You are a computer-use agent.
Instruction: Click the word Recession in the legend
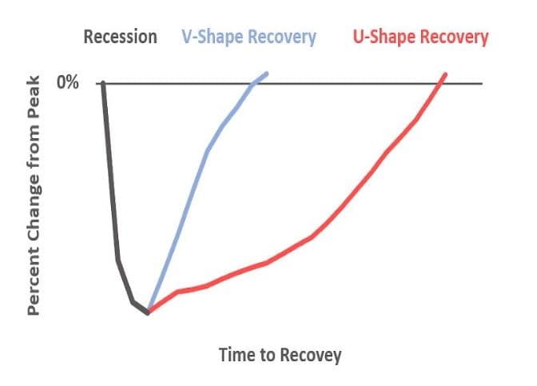click(x=121, y=38)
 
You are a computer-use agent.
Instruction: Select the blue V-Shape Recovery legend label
click(x=248, y=38)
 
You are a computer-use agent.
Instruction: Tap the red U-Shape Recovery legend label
click(x=420, y=38)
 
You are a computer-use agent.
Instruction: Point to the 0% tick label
click(x=68, y=83)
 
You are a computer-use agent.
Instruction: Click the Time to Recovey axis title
click(x=280, y=355)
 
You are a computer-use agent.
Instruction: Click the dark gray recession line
click(x=112, y=200)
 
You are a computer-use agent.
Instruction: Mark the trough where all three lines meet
click(x=148, y=312)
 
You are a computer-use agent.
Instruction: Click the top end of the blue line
click(x=267, y=74)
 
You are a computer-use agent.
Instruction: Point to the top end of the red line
click(x=445, y=74)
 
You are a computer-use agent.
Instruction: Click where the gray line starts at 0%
click(x=103, y=83)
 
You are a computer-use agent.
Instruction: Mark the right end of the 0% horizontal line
click(x=483, y=83)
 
